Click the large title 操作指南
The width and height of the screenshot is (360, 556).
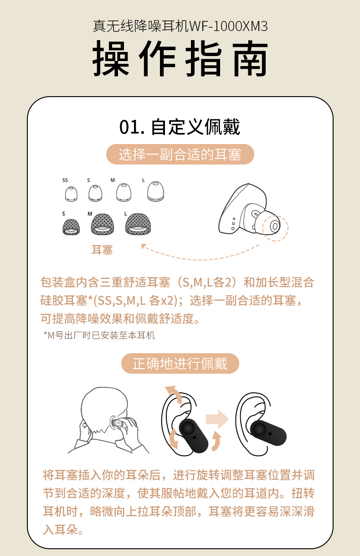180,59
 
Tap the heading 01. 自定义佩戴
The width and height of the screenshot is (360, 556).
180,127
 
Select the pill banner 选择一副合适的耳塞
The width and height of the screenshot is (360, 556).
180,154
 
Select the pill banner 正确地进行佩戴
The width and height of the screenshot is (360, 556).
180,363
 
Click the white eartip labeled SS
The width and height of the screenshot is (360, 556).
71,194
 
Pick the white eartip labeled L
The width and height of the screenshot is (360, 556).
155,191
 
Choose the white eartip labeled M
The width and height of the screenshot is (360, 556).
123,192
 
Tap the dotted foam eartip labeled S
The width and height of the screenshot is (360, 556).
71,227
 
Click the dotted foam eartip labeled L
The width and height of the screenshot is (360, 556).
138,224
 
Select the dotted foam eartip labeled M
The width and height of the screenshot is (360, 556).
103,224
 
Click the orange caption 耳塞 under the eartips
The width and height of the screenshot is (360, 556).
102,250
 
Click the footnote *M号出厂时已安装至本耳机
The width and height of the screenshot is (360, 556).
99,335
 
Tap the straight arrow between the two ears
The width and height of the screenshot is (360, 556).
217,419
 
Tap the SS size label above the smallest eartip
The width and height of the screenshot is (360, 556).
65,180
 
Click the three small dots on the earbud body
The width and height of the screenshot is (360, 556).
233,224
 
